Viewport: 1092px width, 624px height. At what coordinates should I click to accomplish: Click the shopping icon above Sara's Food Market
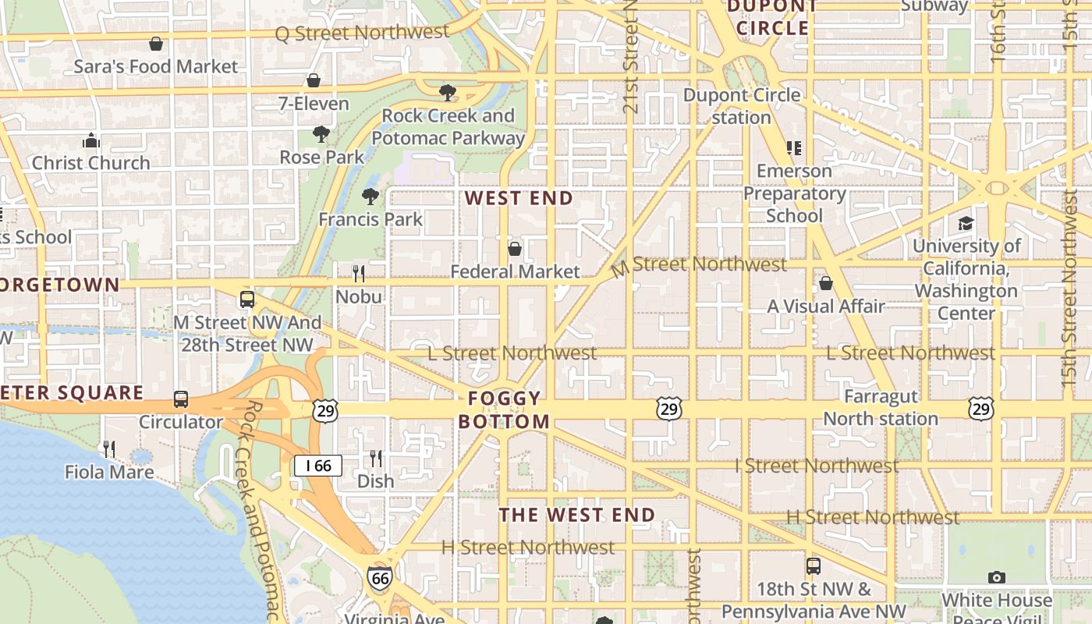point(156,44)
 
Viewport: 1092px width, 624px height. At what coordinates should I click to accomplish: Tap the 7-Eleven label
point(314,103)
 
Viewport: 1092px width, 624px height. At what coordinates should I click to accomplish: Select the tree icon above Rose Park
point(321,134)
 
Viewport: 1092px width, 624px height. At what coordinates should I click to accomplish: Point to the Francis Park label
point(370,219)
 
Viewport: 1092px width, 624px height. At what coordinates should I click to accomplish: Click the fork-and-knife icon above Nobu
point(359,273)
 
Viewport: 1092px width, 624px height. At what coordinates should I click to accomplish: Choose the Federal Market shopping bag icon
point(515,249)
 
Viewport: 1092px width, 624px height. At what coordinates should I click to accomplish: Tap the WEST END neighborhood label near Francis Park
point(519,198)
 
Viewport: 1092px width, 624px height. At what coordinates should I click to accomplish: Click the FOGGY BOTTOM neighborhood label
point(504,410)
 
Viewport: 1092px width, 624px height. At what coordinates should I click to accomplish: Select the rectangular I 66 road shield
point(318,466)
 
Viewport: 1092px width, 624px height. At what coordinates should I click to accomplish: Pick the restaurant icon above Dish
point(376,458)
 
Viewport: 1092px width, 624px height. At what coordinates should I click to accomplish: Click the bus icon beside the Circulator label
point(181,399)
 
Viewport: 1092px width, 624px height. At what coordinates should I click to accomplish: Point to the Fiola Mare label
point(109,472)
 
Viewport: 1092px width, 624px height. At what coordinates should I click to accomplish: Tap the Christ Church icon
point(91,141)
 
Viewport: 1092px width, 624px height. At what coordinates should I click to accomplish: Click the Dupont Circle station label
point(742,106)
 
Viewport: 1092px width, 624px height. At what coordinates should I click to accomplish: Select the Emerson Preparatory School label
point(794,193)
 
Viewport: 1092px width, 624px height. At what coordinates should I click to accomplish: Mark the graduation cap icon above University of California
point(966,224)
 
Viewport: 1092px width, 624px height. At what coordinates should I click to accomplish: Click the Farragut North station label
point(881,408)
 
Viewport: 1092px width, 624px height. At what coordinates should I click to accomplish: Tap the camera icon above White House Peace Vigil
point(996,577)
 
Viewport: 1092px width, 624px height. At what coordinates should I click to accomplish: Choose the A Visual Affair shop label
point(826,307)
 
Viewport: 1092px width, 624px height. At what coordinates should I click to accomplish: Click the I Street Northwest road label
point(817,466)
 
